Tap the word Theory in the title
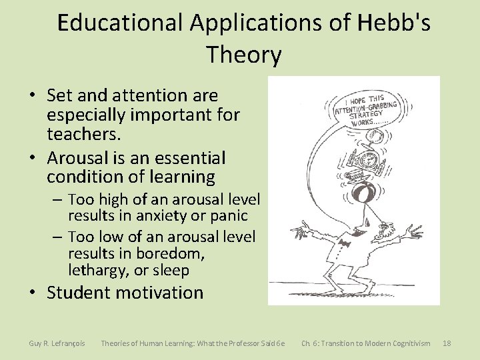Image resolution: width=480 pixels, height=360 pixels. click(244, 54)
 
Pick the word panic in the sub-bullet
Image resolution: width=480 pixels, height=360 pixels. click(229, 216)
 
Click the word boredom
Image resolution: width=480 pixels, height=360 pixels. click(171, 253)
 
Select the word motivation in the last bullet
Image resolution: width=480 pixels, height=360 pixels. click(161, 292)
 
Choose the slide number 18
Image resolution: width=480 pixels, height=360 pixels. click(447, 343)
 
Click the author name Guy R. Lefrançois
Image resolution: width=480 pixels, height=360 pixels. click(57, 343)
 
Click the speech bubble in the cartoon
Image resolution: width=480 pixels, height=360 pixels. click(367, 109)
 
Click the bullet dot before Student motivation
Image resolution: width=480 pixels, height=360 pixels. click(33, 293)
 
